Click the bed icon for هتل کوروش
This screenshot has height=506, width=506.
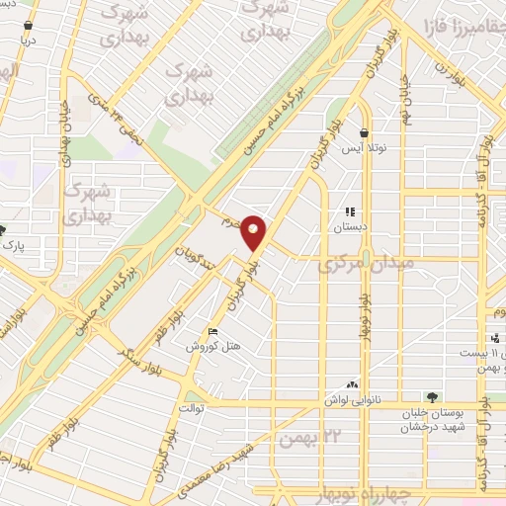[212, 331]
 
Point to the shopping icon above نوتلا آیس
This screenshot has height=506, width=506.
[364, 132]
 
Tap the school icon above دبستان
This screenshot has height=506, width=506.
[349, 211]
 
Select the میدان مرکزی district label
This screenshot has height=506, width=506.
[356, 266]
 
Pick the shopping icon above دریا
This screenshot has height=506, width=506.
[27, 26]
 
